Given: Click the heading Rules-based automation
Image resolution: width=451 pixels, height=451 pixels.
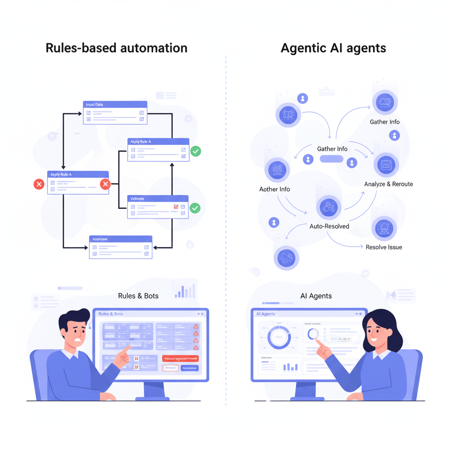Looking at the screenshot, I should [x=116, y=48].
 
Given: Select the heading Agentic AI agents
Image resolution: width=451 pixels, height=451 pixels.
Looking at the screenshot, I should [x=333, y=48].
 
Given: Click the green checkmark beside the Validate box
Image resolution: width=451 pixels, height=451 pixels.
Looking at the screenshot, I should [x=195, y=208].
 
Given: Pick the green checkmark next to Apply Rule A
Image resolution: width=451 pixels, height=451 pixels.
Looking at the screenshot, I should [x=196, y=152].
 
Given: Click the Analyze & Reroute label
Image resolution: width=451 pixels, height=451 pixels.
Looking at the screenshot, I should [x=388, y=184].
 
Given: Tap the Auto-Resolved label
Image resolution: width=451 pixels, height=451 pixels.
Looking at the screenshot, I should [x=329, y=226].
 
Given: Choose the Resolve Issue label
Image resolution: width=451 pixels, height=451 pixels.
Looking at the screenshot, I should [x=384, y=247].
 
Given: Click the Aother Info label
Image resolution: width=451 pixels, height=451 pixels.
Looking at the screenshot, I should [x=274, y=189].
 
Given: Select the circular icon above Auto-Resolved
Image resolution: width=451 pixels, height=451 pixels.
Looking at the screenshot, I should [x=329, y=207].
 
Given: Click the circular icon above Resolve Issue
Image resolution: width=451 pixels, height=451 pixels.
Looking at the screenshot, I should [x=384, y=229].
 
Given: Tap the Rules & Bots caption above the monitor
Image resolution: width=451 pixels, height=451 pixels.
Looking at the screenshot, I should [x=138, y=296].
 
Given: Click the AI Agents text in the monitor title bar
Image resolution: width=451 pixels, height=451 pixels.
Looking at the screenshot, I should [x=266, y=314].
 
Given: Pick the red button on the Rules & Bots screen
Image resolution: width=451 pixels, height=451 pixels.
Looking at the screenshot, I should [x=180, y=359].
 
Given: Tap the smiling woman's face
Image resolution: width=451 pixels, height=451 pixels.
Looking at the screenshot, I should [x=375, y=334].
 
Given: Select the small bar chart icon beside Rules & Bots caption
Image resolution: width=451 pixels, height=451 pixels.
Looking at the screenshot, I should [x=185, y=291].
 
